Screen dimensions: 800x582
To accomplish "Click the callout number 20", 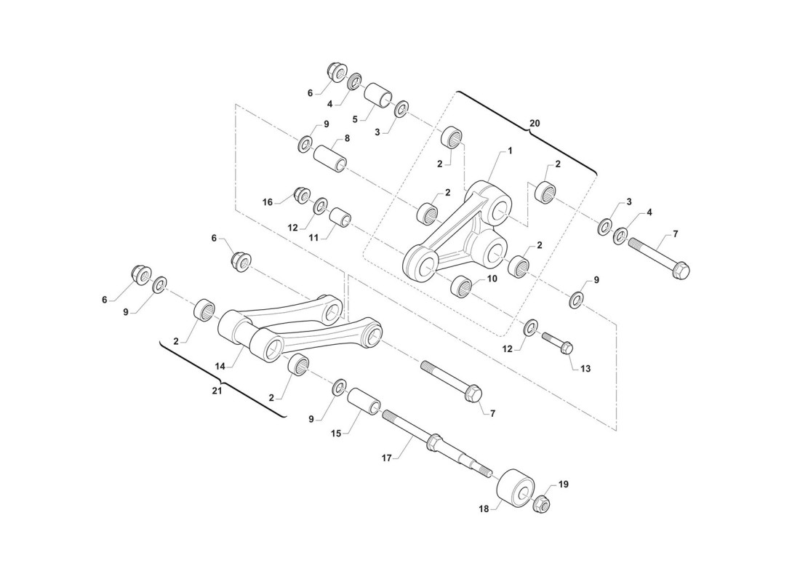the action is [535, 123].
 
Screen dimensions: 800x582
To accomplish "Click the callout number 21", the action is [217, 391].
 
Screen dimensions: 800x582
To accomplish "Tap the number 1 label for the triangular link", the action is [510, 151].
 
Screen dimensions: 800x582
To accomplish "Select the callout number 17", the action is [386, 458].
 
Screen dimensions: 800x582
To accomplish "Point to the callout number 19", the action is [563, 484].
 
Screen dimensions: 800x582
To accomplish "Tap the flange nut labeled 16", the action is [302, 194].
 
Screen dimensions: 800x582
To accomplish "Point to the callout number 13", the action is [585, 367].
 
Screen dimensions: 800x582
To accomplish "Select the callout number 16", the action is [268, 202].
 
